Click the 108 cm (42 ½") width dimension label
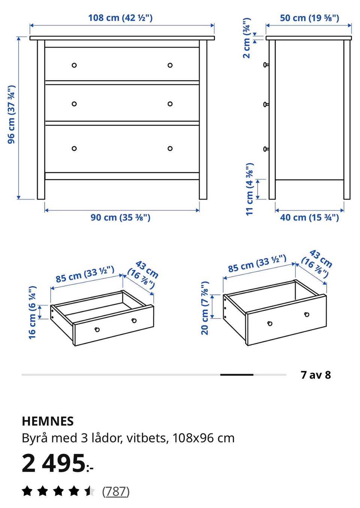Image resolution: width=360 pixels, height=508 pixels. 120,18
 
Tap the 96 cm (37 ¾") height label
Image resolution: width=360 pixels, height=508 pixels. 11,114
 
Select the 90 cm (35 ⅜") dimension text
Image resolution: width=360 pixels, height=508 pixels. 120,217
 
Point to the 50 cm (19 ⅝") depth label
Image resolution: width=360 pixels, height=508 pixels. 309,18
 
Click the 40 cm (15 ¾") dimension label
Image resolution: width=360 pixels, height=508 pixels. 309,217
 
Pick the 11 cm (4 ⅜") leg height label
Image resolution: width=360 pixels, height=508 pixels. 250,189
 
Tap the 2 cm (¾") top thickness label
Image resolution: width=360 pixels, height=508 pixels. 247,38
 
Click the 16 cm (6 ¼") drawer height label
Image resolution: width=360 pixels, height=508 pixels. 32,313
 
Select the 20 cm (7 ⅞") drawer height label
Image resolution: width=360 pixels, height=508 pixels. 205,308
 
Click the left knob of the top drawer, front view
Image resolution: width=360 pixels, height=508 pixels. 74,65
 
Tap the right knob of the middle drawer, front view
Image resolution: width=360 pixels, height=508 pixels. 170,104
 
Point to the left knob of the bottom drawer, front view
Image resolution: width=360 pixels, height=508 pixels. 74,149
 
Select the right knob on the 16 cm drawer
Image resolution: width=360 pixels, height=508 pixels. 134,320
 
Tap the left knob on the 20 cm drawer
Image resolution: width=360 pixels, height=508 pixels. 270,323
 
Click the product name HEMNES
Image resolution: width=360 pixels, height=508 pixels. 48,421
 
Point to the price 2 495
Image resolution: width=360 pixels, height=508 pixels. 54,464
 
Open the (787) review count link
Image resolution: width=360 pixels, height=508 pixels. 115,491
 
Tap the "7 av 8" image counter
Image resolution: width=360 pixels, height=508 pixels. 316,375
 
